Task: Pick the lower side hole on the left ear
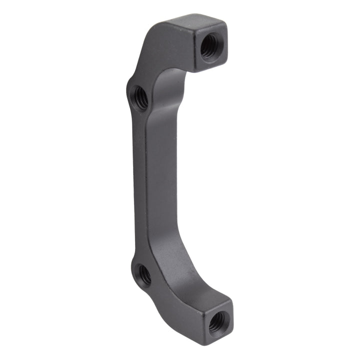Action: [x=144, y=274]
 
